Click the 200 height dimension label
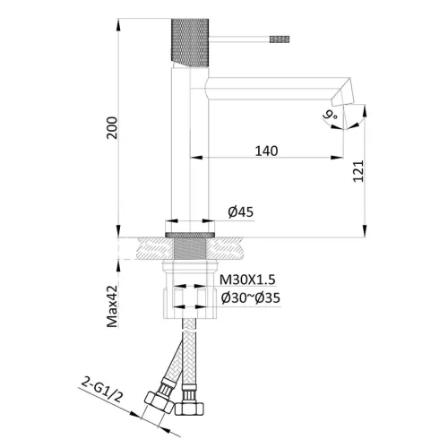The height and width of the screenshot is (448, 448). [x=113, y=128]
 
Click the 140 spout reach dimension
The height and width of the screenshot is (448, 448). [x=266, y=151]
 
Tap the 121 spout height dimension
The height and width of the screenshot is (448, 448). [x=358, y=171]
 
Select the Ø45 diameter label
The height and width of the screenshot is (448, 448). [x=241, y=211]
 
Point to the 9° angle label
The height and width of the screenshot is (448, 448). [x=330, y=115]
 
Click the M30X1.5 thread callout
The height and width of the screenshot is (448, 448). [x=247, y=280]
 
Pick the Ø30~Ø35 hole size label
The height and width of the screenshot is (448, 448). [x=251, y=297]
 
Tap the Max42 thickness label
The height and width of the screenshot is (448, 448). [x=113, y=306]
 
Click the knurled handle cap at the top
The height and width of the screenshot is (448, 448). [x=190, y=43]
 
